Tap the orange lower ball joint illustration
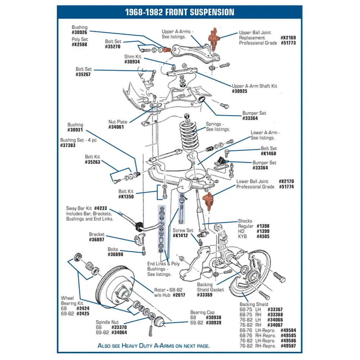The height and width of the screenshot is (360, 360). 208,201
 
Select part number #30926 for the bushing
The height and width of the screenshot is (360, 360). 79,33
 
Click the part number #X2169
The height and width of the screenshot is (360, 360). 288,38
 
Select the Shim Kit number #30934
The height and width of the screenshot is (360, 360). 132,62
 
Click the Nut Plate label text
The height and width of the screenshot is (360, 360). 118,122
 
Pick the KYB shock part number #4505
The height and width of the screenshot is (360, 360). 263,237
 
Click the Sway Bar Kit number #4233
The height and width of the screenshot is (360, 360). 100,208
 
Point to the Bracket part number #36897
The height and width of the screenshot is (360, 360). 96,240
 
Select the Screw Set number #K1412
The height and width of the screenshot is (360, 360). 180,235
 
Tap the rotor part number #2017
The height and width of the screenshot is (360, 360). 179,295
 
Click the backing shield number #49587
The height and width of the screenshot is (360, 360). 288,346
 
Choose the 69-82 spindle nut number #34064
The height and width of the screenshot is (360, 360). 119,332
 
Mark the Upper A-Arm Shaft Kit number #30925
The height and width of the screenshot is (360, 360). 239,91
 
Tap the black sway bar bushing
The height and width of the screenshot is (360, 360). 139,226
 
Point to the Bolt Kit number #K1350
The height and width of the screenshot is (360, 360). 126,197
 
